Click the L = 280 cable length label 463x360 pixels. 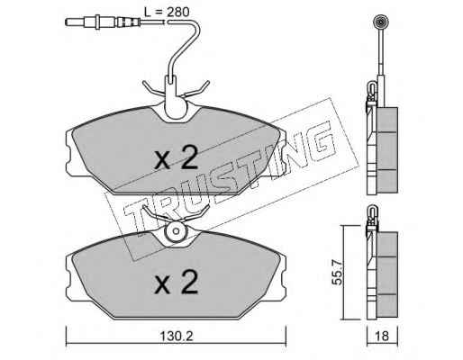(167, 12)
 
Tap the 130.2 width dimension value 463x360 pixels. (176, 337)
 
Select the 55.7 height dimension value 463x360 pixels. (338, 273)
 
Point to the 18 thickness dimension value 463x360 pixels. (382, 336)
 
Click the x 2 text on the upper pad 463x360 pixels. (176, 157)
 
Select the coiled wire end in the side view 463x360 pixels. (380, 22)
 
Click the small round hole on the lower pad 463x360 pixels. (177, 231)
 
